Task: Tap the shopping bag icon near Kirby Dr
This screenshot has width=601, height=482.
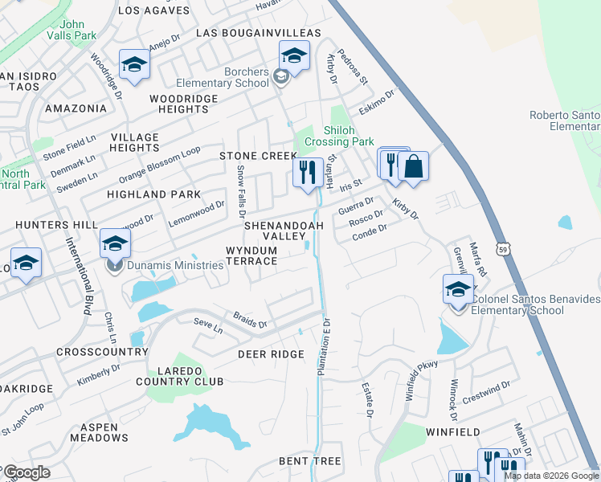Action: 413,166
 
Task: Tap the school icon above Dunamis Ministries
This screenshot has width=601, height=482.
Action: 115,243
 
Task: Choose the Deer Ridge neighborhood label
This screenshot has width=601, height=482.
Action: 270,354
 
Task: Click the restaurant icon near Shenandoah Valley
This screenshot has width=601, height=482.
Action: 307,173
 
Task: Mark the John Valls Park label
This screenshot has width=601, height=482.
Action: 72,30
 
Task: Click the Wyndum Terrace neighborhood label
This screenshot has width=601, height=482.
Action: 251,256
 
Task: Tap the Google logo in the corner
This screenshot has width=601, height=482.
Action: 27,472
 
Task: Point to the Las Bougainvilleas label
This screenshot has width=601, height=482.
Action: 259,33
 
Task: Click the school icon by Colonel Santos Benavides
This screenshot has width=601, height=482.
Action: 458,289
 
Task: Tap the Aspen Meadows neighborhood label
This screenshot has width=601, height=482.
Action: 99,431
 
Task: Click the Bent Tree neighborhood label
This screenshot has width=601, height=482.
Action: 309,461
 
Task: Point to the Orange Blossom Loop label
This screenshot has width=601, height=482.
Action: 159,165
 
